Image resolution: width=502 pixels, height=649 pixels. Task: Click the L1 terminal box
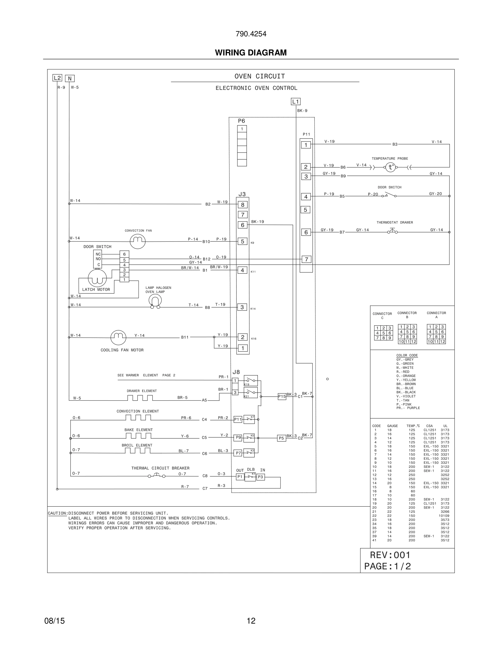pos(295,102)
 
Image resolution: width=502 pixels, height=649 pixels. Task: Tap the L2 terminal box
pos(57,78)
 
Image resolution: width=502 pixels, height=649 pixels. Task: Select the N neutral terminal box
pos(70,78)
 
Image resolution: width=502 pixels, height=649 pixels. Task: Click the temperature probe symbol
pos(390,167)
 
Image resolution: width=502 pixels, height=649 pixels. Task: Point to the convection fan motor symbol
pos(138,241)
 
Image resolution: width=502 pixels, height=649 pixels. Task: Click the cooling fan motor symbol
pos(118,337)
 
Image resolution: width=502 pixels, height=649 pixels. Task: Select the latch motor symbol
pos(97,278)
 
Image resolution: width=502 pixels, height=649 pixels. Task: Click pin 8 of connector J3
pos(243,205)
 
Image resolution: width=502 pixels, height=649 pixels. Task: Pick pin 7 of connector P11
pos(306,259)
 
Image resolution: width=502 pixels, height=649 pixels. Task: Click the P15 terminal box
pos(282,396)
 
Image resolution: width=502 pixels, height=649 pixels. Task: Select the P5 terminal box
pos(281,438)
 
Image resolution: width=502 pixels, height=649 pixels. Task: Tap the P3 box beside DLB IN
pos(261,477)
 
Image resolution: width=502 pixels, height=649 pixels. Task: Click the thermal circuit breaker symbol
pos(157,476)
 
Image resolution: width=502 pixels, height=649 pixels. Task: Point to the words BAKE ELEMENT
pos(138,430)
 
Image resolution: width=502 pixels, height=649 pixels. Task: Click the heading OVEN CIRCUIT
pos(260,76)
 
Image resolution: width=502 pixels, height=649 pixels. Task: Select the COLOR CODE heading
pos(407,355)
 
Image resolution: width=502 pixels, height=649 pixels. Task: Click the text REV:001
pos(390,555)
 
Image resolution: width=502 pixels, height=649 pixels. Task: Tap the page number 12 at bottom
pos(251,621)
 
